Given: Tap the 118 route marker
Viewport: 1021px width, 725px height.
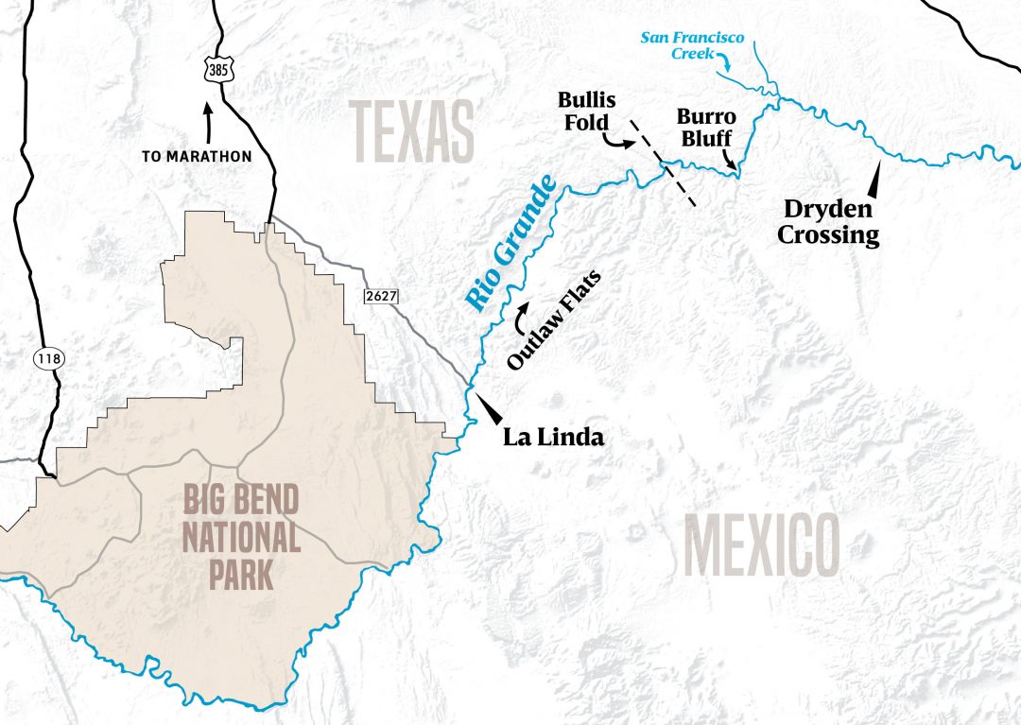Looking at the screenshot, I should pos(45,358).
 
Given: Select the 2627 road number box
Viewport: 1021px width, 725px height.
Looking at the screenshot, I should pos(380,297).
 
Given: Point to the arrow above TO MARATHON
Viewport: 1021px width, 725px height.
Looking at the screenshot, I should pos(208,121).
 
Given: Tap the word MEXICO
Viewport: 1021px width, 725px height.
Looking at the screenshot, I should pos(761,547).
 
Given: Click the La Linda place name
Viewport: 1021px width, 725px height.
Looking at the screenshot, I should pos(552,438).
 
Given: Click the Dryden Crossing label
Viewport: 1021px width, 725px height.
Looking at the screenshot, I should pos(828,221).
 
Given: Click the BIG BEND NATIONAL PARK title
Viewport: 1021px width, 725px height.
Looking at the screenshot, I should pos(241,536).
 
